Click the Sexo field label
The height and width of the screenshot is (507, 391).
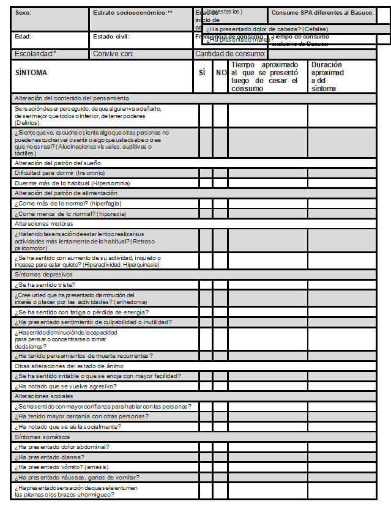click(x=23, y=13)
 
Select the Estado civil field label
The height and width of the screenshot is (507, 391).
click(x=111, y=37)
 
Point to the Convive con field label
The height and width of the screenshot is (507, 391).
click(x=113, y=54)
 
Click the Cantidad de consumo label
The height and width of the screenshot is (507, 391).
click(x=231, y=54)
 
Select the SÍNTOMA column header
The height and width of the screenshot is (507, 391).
click(x=31, y=73)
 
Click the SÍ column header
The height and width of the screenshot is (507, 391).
click(x=203, y=73)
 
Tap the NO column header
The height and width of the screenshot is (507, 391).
click(x=220, y=73)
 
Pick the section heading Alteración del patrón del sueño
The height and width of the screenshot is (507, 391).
click(x=58, y=163)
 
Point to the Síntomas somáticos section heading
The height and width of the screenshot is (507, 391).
click(x=42, y=437)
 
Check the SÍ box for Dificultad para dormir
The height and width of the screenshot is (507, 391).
click(x=205, y=173)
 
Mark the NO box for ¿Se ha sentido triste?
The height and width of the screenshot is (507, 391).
click(x=220, y=284)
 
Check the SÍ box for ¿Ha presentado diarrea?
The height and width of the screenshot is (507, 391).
click(x=205, y=457)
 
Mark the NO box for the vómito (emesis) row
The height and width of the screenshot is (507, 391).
click(x=220, y=467)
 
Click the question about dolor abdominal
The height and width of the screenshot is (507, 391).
click(x=62, y=447)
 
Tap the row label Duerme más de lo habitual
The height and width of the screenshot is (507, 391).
click(x=72, y=183)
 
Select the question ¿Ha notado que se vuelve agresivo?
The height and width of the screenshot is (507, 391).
click(x=65, y=386)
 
